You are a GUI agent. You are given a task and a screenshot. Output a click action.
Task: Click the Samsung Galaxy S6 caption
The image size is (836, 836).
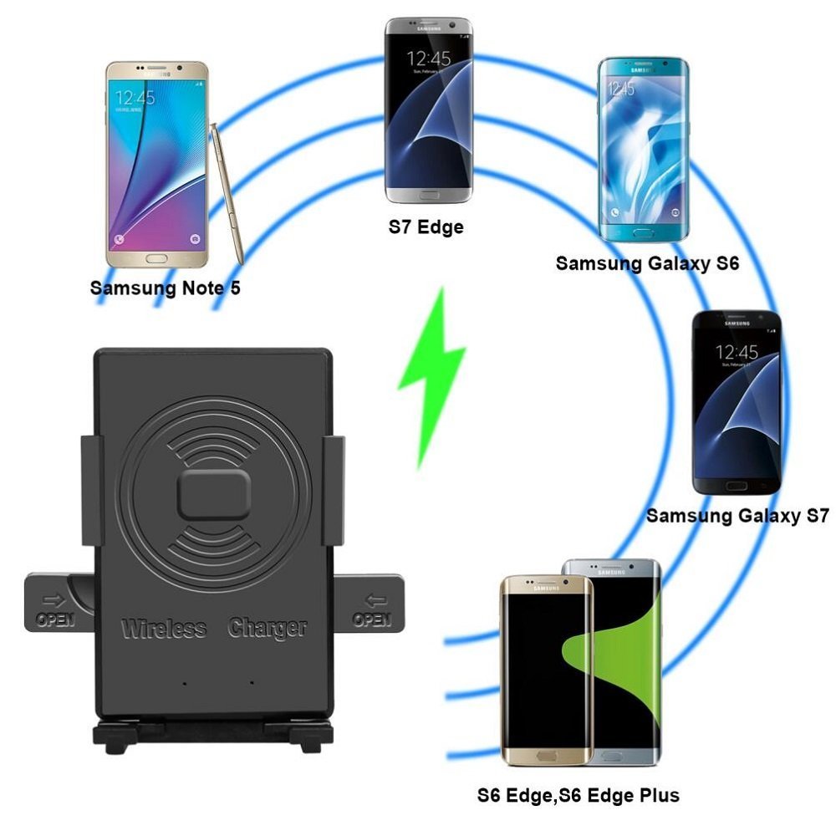tap(647, 263)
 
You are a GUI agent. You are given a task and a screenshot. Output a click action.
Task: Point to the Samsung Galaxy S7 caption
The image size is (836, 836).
tap(737, 516)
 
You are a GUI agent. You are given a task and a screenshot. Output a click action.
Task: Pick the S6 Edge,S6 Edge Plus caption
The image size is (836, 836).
tap(578, 794)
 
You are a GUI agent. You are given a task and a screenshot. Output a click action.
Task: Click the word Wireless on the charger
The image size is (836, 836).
tap(164, 629)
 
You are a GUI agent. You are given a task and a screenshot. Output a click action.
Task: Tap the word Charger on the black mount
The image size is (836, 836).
tap(268, 629)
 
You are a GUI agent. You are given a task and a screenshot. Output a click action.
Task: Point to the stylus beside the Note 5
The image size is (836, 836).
tap(227, 192)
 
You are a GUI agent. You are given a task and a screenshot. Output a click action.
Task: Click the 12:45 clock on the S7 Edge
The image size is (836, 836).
tap(429, 59)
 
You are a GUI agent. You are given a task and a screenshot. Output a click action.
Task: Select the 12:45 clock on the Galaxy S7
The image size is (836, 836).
tap(737, 352)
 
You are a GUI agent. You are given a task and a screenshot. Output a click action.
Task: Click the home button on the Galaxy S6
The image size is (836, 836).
tap(643, 233)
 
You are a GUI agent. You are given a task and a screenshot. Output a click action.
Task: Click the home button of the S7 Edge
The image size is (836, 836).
tap(428, 195)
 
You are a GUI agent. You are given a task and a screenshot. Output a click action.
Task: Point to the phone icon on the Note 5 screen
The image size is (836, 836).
tap(120, 238)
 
